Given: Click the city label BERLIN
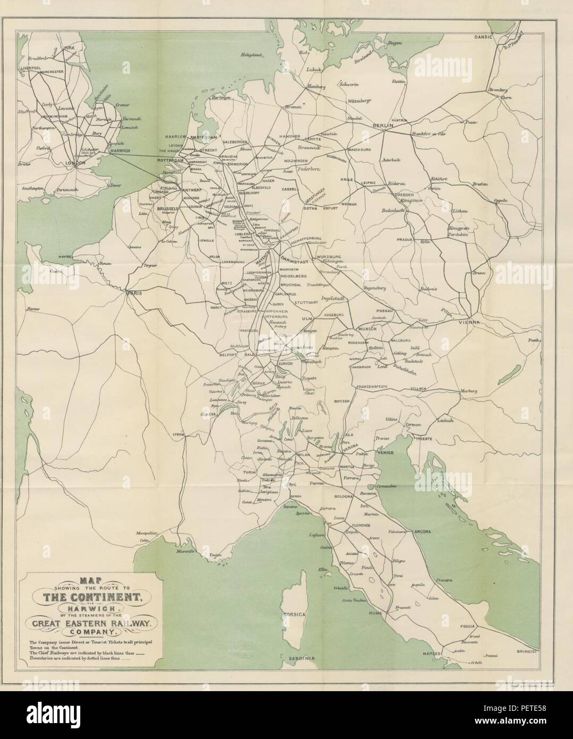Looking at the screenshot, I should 382,126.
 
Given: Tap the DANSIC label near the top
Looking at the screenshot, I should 485,38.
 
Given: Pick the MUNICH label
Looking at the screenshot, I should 367,330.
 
